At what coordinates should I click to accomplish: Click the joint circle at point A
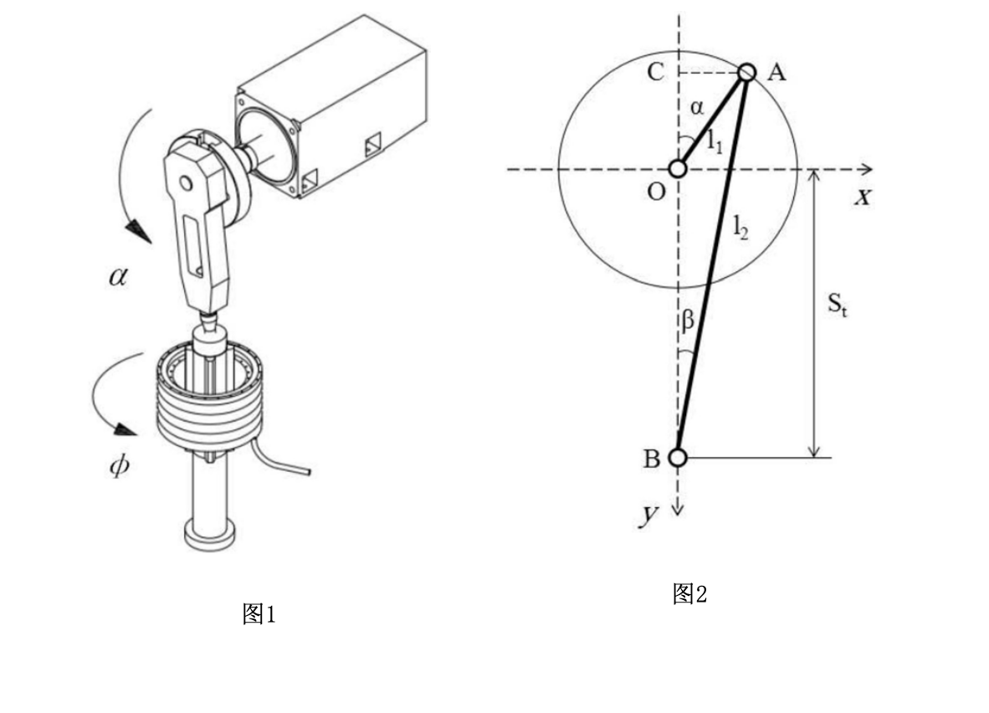tap(747, 72)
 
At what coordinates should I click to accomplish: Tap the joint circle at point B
tap(678, 458)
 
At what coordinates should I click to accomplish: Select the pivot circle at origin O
tap(678, 169)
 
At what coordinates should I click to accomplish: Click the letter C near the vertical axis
tap(655, 72)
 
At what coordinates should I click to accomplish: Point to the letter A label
tap(777, 73)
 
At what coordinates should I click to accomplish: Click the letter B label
tap(652, 459)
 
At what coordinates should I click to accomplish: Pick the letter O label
tap(657, 191)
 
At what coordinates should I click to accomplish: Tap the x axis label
tap(863, 197)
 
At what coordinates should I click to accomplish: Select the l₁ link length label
tap(714, 141)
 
